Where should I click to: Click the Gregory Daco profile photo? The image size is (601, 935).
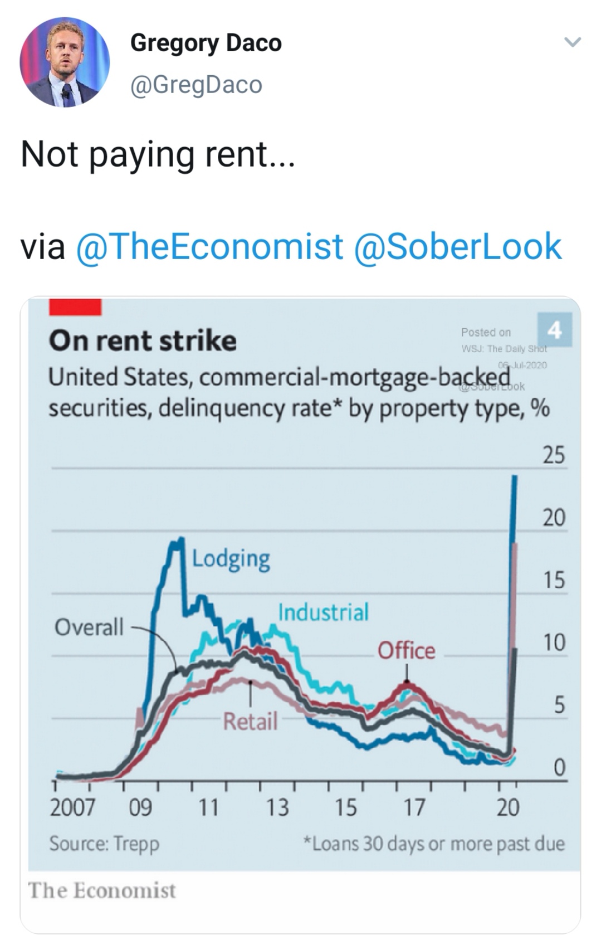click(65, 62)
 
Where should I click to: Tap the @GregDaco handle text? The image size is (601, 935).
click(196, 85)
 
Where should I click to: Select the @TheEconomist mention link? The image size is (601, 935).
click(209, 247)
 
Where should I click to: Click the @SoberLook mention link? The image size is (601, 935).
click(457, 247)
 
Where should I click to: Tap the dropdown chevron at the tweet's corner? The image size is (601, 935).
click(573, 42)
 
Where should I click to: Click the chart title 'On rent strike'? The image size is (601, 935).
click(143, 341)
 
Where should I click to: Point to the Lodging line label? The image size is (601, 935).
click(231, 559)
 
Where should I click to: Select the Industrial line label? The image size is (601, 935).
click(323, 612)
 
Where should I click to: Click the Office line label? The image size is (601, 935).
click(406, 650)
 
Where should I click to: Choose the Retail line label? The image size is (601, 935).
click(250, 722)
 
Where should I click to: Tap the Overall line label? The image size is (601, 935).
click(89, 627)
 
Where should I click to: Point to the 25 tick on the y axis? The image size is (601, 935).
click(554, 455)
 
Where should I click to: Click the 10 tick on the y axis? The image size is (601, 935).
click(554, 643)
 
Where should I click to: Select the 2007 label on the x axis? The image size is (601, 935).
click(72, 807)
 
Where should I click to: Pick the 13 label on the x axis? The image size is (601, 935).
click(277, 807)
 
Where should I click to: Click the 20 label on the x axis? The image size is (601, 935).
click(507, 807)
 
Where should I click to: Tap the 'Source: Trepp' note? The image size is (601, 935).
click(104, 844)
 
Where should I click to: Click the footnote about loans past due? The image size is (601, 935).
click(433, 844)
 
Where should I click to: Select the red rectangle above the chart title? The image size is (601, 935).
click(75, 307)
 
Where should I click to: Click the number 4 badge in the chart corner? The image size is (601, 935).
click(555, 330)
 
